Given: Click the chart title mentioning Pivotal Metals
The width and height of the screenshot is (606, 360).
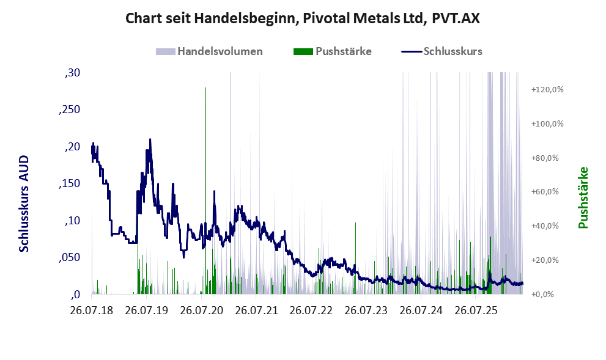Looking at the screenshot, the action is coord(303,18).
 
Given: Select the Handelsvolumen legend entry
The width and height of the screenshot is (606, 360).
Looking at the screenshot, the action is coord(209,51).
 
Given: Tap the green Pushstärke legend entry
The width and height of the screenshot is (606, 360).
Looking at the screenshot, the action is coord(333,51).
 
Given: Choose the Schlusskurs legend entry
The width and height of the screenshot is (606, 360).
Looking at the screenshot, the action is coord(442,51).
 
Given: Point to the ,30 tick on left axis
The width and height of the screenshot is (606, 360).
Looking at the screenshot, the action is coord(72,73).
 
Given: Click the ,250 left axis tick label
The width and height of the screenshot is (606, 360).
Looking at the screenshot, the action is coord(69,109).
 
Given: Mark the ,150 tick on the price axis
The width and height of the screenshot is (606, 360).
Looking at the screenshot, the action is coord(69,183).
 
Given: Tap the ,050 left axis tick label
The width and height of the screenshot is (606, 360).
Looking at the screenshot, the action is coord(69,257).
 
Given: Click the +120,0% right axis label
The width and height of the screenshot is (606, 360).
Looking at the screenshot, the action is coord(547,90).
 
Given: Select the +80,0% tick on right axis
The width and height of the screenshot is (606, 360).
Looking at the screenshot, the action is coord(545,158).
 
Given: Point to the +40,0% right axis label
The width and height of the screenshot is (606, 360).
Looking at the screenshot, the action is coord(545,226).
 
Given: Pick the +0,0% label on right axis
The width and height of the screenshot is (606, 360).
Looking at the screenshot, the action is coord(542,295).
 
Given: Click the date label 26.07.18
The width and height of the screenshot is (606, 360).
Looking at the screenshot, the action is coord(92,310).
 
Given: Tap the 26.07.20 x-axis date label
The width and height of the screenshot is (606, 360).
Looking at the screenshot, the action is coord(201,310).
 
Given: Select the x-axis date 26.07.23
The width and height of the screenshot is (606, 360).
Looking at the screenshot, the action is coord(366,310).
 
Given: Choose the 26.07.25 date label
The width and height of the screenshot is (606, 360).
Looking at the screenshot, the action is coord(475,310).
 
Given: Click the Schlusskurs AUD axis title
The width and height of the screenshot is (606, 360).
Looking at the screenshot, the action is coord(24,204).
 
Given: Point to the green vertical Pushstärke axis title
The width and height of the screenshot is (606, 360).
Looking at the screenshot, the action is coord(583,197).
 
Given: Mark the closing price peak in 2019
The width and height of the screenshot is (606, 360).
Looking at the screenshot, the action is coord(150,139).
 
